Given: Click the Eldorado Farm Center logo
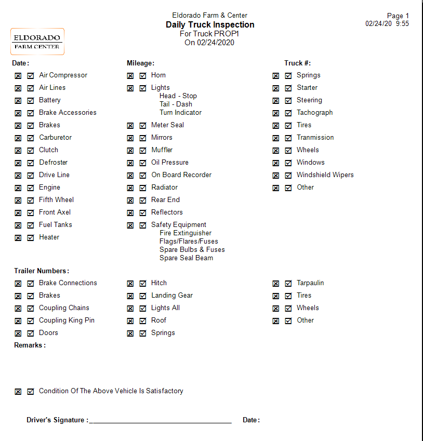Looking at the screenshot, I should (x=37, y=42).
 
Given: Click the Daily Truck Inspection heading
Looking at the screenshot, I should (x=210, y=25).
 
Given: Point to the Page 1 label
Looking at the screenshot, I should (x=398, y=16).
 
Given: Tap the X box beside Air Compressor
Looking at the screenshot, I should (x=18, y=76).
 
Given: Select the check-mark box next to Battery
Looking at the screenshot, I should (x=31, y=101).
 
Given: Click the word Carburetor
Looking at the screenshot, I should (x=55, y=138).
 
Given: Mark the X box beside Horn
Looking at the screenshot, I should (x=130, y=76).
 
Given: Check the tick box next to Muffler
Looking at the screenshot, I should (x=143, y=151).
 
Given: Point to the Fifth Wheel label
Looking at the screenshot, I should (x=56, y=200).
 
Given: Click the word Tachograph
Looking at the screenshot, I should (x=314, y=113).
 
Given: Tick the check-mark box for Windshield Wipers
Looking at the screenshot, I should (x=288, y=176).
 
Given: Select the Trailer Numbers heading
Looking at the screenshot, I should (x=41, y=271).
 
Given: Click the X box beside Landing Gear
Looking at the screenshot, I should (x=130, y=296).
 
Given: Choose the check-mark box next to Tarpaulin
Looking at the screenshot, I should (x=288, y=284).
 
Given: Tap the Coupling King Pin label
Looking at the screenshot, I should (x=67, y=320).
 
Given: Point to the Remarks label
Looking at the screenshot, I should (x=30, y=345).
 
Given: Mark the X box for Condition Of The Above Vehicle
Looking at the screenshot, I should (x=18, y=392).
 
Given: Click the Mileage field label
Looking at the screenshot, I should (x=140, y=63).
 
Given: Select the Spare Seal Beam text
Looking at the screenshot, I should (x=186, y=258).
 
